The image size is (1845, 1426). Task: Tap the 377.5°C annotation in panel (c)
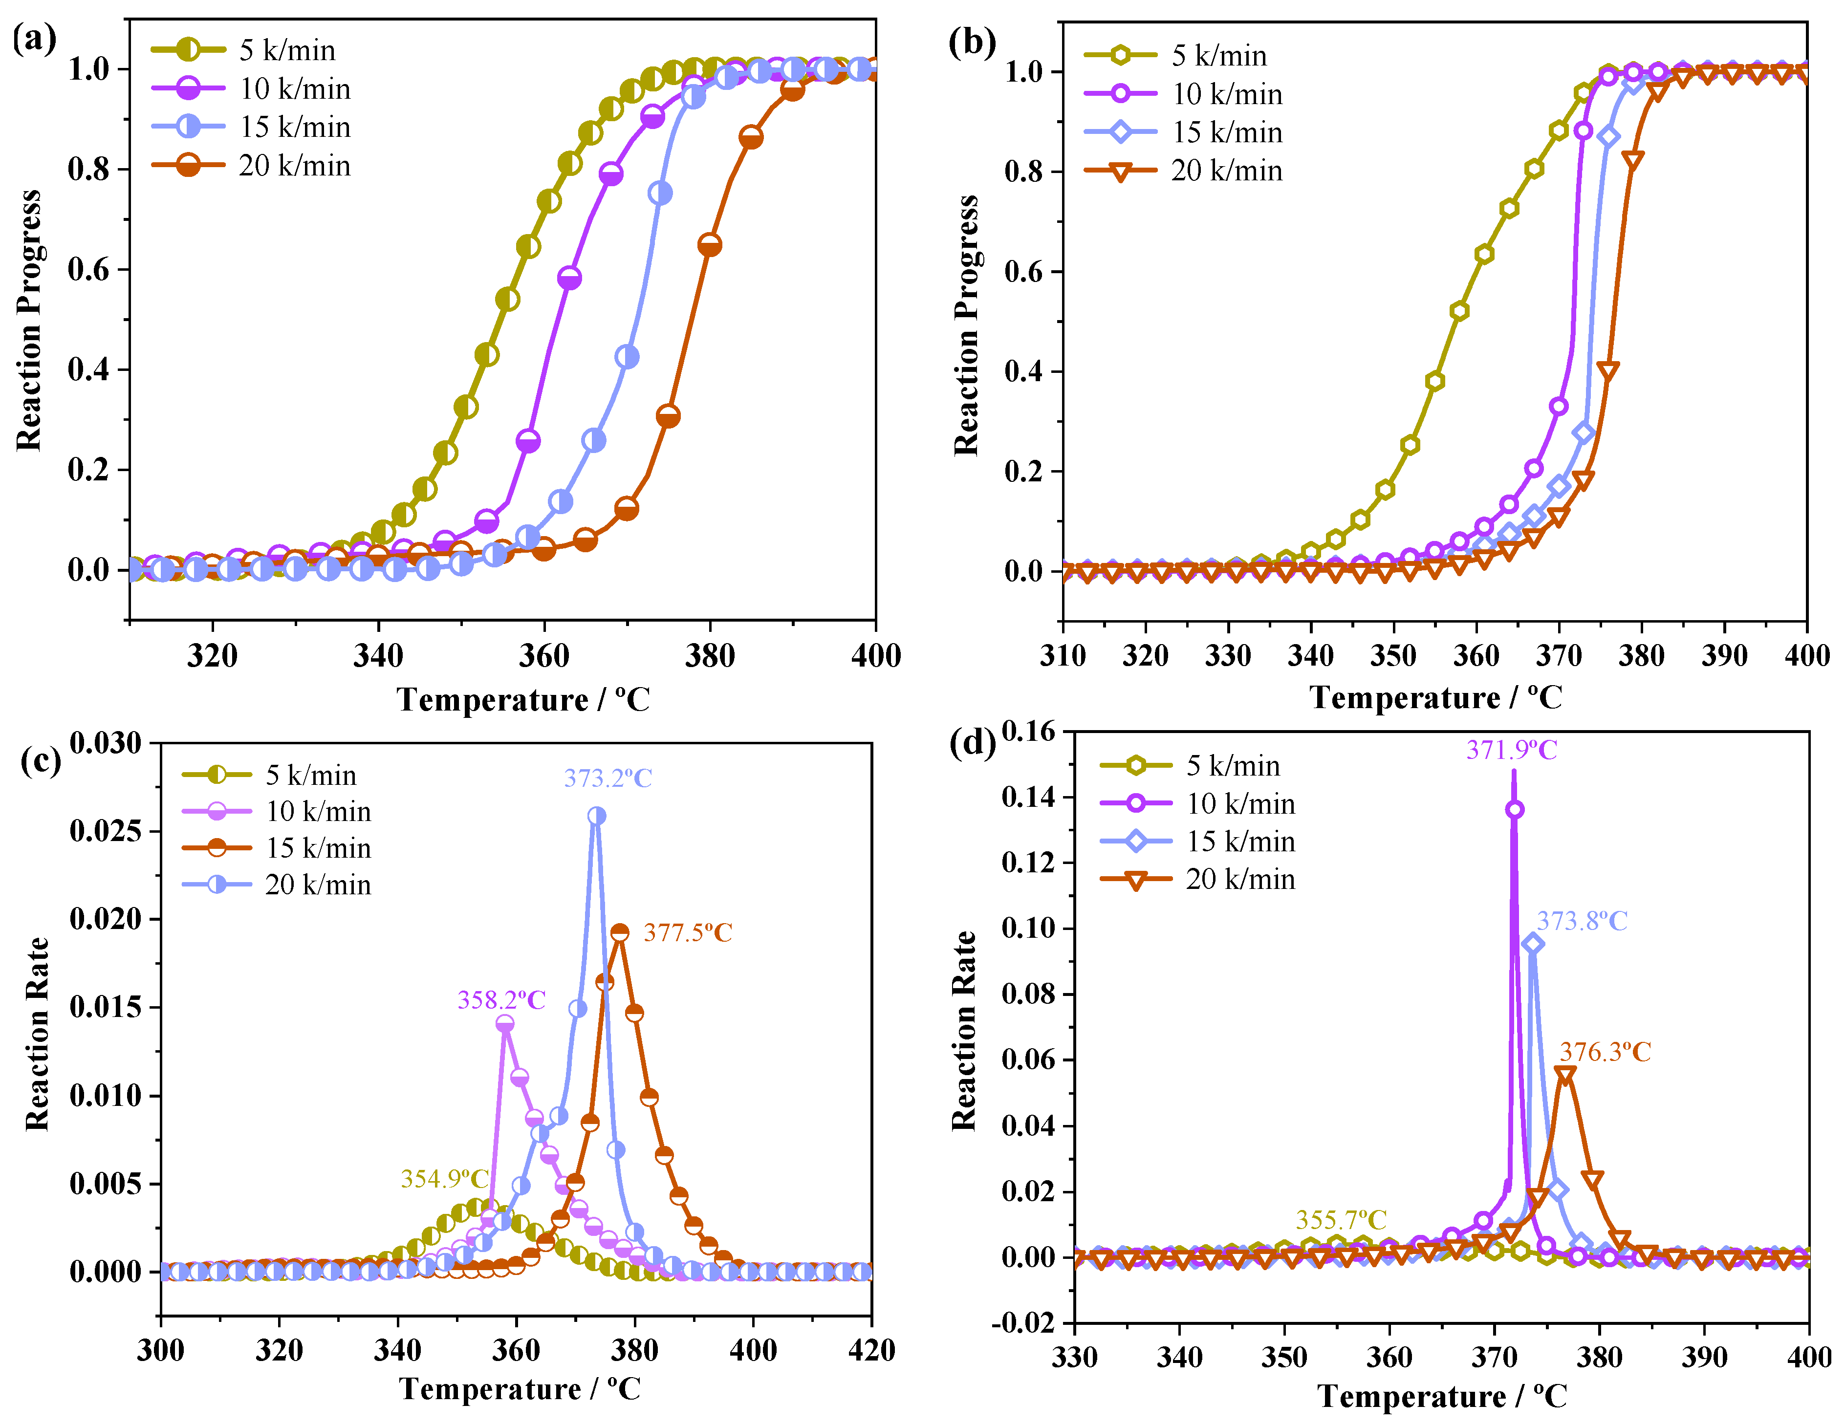pyautogui.click(x=688, y=932)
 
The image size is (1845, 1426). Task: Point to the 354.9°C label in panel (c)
pyautogui.click(x=444, y=1178)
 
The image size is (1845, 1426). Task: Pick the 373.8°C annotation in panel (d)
pyautogui.click(x=1582, y=921)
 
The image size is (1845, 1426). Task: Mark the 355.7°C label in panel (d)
pyautogui.click(x=1342, y=1220)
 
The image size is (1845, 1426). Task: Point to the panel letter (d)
pyautogui.click(x=972, y=743)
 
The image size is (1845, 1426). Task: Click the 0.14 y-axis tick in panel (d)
pyautogui.click(x=1028, y=797)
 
